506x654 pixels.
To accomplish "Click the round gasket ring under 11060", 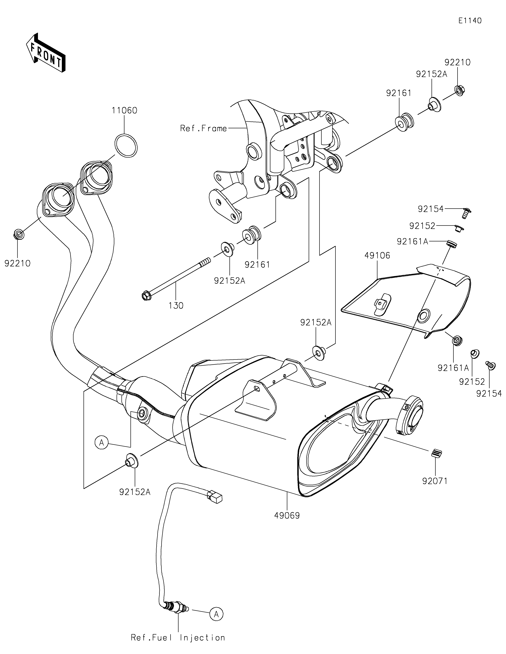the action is point(126,145).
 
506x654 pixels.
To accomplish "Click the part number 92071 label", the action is point(435,481).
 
